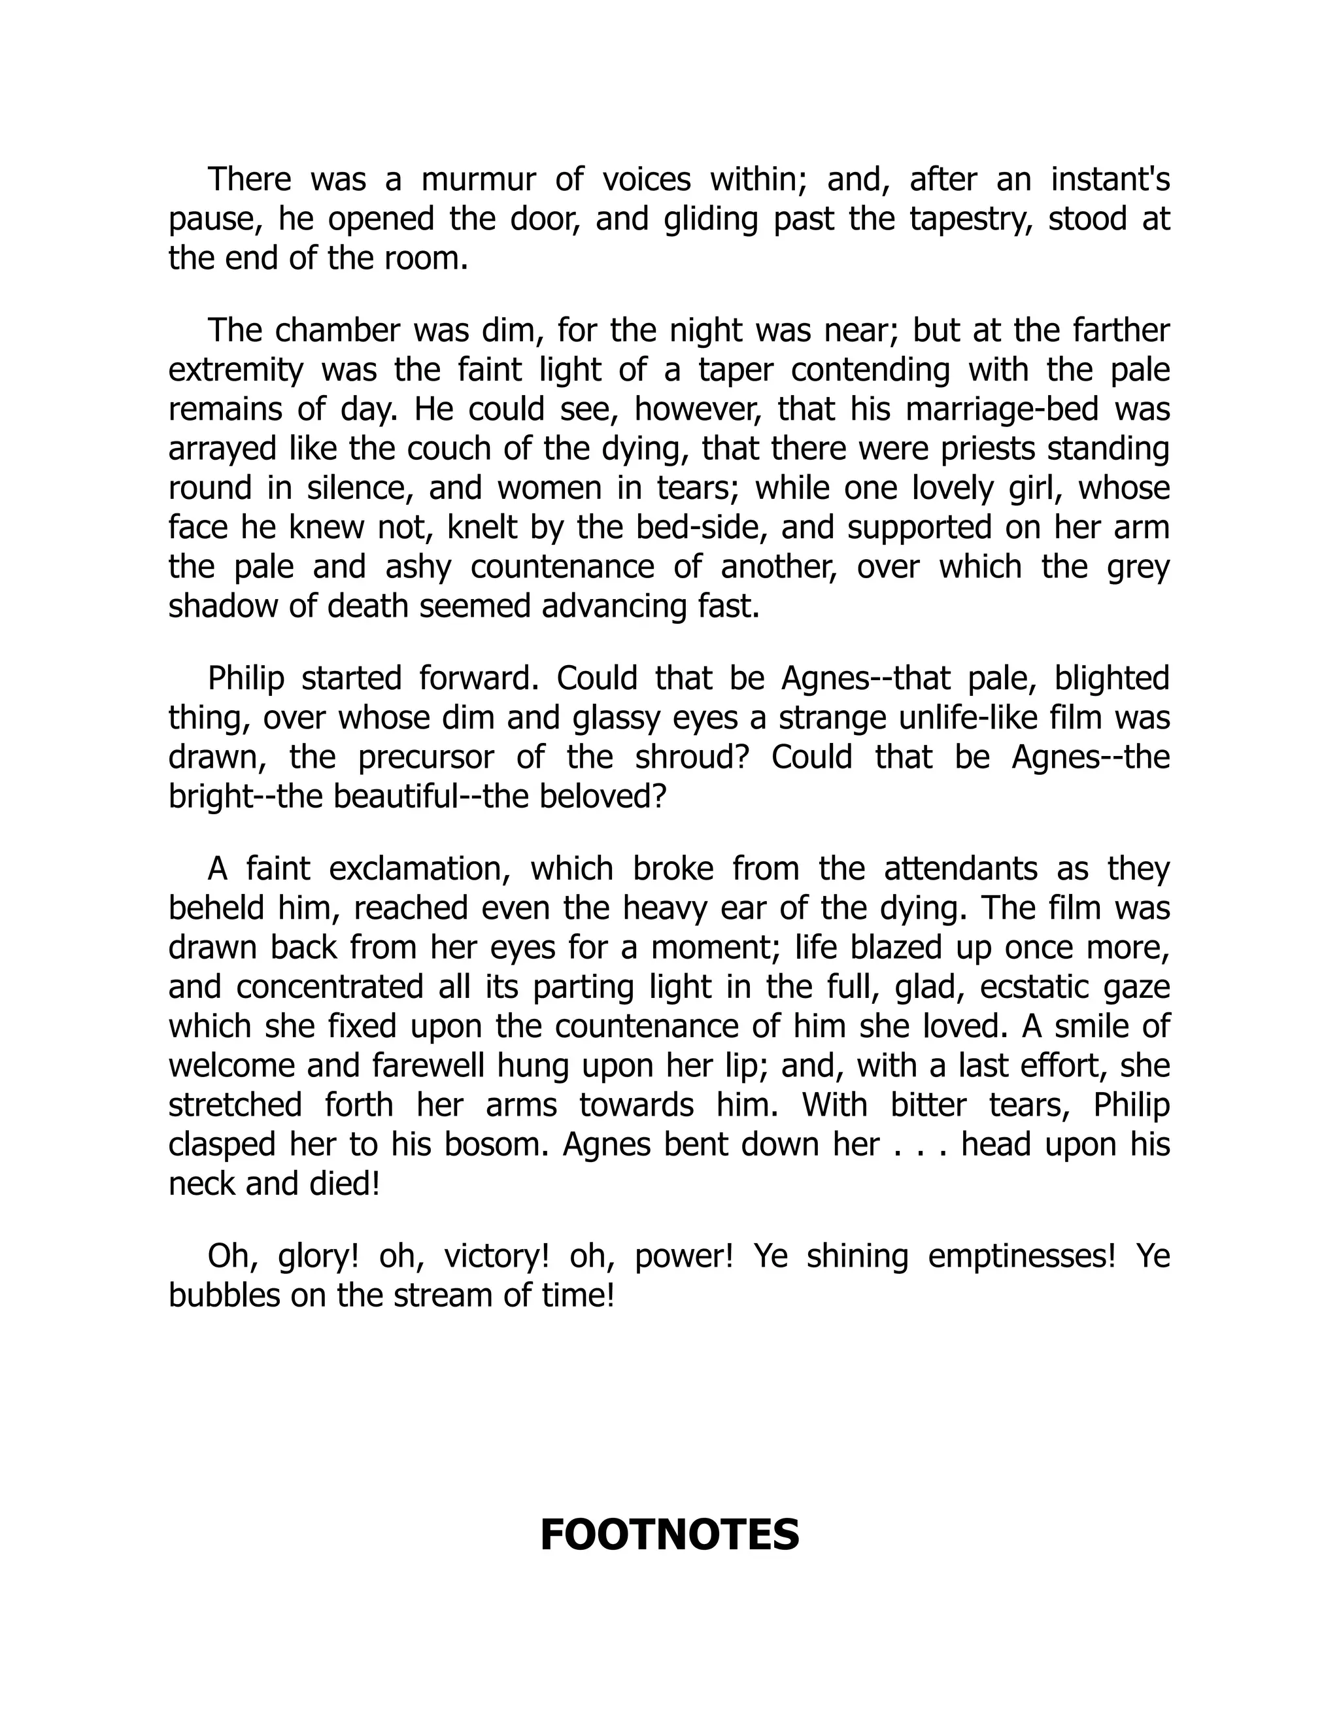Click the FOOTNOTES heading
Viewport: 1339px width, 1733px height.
(x=669, y=1535)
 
